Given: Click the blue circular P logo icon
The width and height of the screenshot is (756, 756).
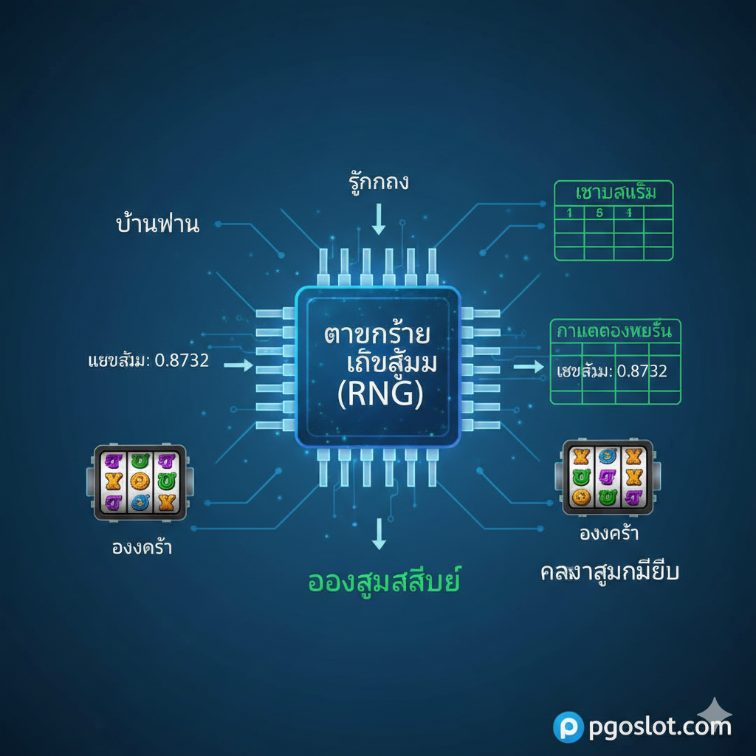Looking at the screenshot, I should (x=568, y=726).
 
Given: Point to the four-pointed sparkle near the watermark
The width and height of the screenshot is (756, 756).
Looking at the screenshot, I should (x=715, y=712).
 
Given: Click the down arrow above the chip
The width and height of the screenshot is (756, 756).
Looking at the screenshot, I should (x=379, y=218).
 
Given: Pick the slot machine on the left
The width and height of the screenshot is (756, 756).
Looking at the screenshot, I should (x=140, y=483).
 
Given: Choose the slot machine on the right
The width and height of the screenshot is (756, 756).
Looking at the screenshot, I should (x=608, y=477).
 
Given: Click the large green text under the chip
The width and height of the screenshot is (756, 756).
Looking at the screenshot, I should (x=383, y=581).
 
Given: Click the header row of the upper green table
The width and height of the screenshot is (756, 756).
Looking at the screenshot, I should (x=614, y=193).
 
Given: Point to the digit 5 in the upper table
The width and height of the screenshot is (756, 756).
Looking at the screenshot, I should (x=599, y=213).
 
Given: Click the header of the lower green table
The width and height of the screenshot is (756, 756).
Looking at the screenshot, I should (x=615, y=330).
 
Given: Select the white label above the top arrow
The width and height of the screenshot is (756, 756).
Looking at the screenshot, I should (x=378, y=182).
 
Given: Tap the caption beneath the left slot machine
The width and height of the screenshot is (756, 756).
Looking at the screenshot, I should (x=140, y=548).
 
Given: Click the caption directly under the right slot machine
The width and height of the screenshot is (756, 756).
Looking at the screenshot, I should (x=608, y=533).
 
